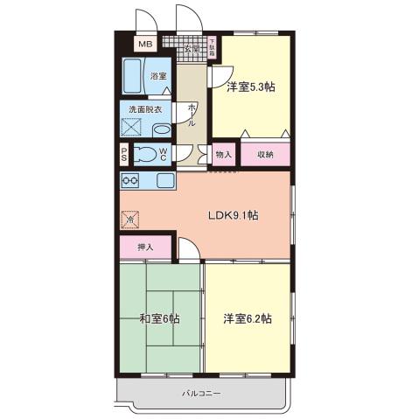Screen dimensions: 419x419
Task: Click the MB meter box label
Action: point(146,44)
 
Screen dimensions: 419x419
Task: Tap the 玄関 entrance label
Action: point(192,49)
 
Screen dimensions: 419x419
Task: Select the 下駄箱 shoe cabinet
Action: point(213,44)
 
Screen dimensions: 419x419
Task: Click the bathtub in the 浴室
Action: point(133,76)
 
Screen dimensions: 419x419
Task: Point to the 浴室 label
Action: point(158,77)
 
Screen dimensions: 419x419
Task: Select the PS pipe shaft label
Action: point(125,156)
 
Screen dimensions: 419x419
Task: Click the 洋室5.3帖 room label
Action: point(251,87)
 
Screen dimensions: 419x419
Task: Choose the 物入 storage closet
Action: point(224,154)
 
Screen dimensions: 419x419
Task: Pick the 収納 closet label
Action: point(265,154)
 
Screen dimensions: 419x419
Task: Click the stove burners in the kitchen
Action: point(131,181)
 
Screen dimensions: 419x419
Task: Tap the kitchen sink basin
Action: point(165,181)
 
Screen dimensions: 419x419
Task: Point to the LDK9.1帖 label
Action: point(232,215)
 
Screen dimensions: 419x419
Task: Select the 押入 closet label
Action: point(145,248)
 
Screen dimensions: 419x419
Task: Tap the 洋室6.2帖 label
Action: point(247,319)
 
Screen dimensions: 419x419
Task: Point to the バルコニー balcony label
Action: point(202,393)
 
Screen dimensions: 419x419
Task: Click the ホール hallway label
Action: point(192,115)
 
